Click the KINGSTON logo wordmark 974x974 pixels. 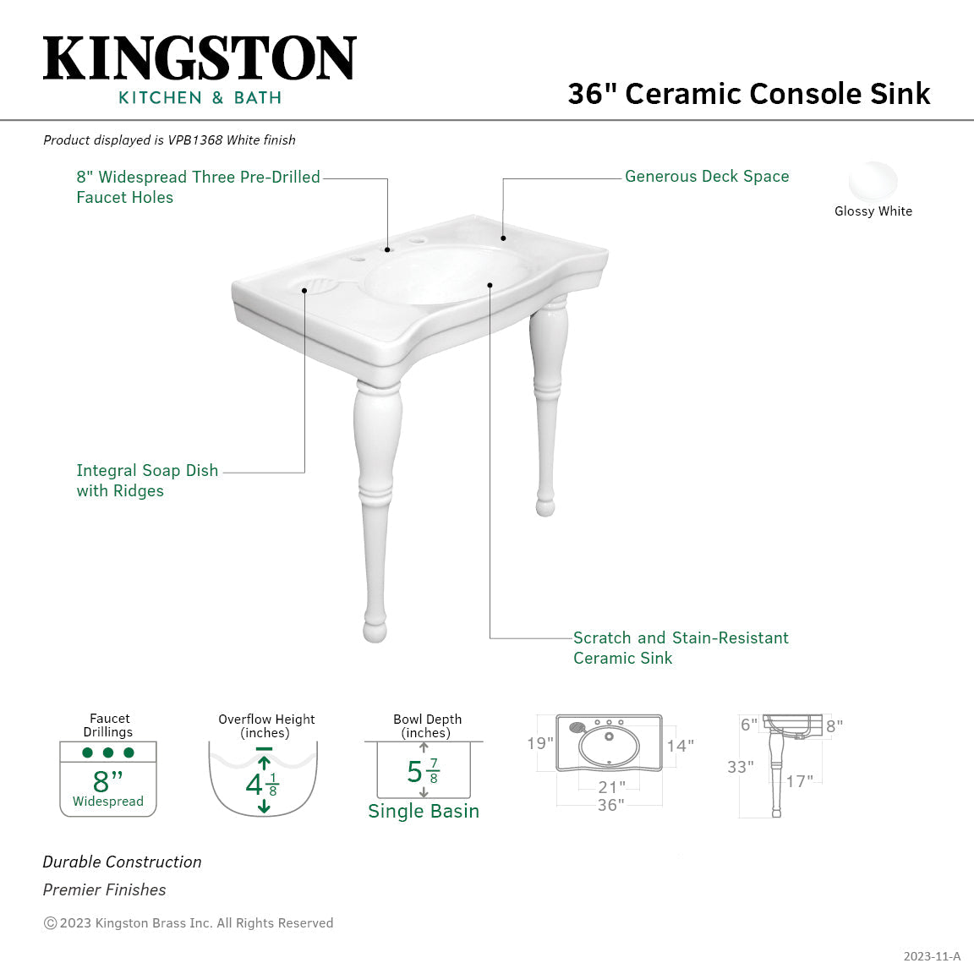click(x=200, y=59)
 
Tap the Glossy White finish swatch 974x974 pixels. click(x=873, y=181)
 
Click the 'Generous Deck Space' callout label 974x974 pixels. click(x=707, y=177)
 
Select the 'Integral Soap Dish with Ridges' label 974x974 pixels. click(x=147, y=480)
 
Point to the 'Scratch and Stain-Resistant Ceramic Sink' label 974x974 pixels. click(x=680, y=648)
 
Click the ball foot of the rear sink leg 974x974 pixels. click(x=545, y=506)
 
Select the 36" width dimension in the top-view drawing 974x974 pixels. click(x=610, y=805)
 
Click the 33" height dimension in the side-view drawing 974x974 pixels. click(x=740, y=767)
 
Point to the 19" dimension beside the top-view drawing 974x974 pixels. click(x=539, y=743)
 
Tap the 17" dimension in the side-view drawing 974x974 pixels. click(x=799, y=781)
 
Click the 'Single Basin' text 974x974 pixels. click(x=424, y=811)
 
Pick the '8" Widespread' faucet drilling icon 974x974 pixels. click(x=108, y=779)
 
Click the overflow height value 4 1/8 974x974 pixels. click(x=262, y=785)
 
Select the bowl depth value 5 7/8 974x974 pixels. click(x=423, y=771)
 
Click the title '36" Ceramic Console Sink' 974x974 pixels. click(x=748, y=93)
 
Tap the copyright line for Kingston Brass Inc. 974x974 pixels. click(x=189, y=923)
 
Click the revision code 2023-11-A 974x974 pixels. click(x=932, y=956)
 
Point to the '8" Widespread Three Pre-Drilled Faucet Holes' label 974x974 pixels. click(x=198, y=187)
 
